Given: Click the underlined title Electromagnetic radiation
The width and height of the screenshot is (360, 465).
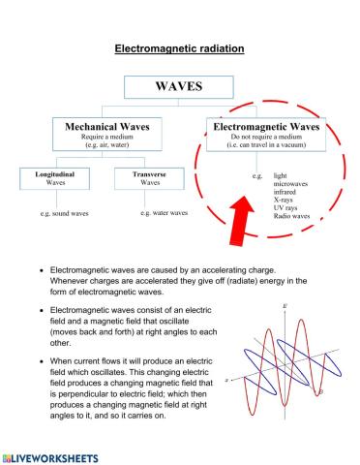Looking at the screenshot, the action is tap(179, 46).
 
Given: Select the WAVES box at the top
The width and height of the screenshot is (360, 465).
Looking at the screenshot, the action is tap(179, 86).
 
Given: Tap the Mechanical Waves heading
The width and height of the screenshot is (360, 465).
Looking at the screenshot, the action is tap(113, 127).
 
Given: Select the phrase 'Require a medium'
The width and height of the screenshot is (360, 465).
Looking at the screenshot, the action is tap(113, 138).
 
